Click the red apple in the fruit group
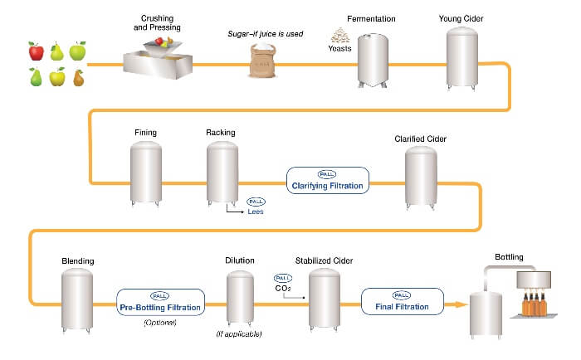pos(37,53)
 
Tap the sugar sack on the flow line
pos(262,61)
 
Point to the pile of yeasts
pos(339,36)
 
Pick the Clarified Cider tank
pos(421,178)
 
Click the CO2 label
pos(283,289)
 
